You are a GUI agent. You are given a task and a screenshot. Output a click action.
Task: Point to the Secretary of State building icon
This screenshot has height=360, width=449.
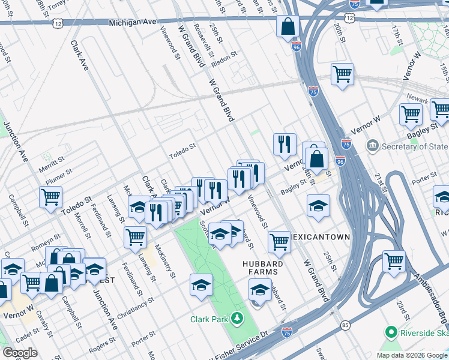[373, 146]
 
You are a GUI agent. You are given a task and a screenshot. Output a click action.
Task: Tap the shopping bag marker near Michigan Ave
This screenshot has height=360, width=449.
[288, 27]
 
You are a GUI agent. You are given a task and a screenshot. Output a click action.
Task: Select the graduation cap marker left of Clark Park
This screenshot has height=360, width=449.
[202, 284]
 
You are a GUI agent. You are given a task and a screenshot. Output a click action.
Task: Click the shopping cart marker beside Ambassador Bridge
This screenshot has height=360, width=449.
[394, 261]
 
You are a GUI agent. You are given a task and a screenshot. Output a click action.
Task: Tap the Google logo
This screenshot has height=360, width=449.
[20, 352]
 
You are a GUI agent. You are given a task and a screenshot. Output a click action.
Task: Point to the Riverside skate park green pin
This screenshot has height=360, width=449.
[391, 332]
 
